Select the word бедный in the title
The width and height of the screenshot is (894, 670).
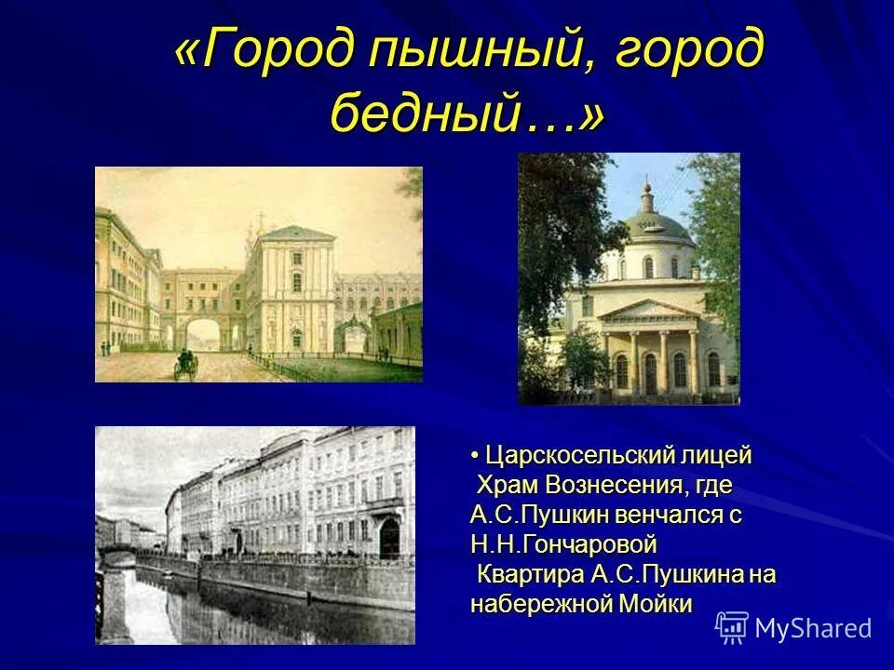click(x=438, y=113)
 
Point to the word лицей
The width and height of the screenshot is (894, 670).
click(x=717, y=456)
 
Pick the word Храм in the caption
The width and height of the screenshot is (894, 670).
click(x=508, y=485)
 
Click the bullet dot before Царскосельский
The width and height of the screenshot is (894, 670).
click(x=474, y=456)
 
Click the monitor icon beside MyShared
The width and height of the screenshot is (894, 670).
click(x=732, y=628)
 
